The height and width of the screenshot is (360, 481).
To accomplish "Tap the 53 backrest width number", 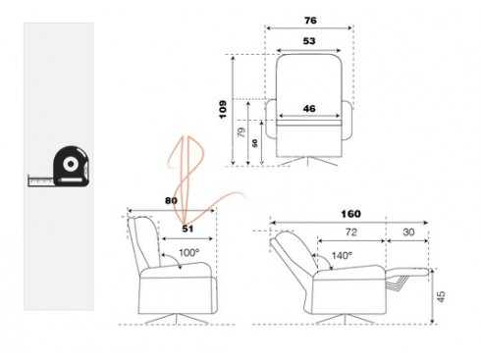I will coord(310,42).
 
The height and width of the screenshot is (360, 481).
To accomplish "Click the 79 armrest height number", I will coord(243,131).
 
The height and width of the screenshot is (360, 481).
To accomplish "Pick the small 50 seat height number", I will coord(257,143).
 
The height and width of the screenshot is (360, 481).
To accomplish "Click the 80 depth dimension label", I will coord(173,202).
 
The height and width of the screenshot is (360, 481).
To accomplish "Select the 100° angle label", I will coord(187,253).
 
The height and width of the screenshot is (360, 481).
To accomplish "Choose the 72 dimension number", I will coord(350,233).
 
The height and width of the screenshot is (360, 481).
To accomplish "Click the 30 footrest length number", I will coord(407,233).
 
